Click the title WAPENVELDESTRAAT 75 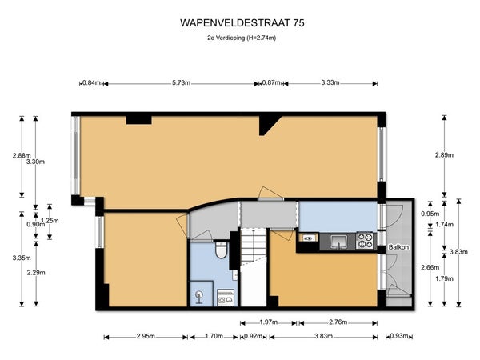tap(242, 23)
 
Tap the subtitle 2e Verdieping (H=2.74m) tap(242, 38)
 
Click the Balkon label tap(398, 247)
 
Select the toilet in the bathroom tap(221, 250)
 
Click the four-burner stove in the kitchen tap(365, 241)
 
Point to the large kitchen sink tap(338, 242)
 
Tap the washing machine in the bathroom tap(226, 298)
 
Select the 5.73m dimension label tap(182, 82)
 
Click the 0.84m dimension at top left tap(91, 82)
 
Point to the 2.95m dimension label tap(146, 336)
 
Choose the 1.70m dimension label tap(214, 336)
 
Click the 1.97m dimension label tap(269, 322)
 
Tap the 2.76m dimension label tap(338, 322)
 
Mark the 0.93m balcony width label tap(399, 336)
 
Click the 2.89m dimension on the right tap(444, 155)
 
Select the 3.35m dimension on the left tap(22, 258)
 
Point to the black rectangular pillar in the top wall tap(139, 119)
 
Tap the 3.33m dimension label tap(330, 82)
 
